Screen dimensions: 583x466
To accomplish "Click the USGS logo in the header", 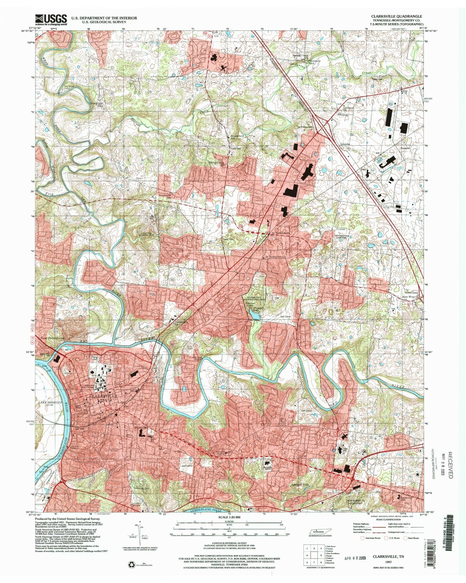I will coord(51,20).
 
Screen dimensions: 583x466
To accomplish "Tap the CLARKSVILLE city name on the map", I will coord(103,396).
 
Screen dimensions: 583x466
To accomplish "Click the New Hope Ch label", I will coord(411,297).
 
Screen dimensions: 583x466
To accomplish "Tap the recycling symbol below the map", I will coord(130,564).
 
